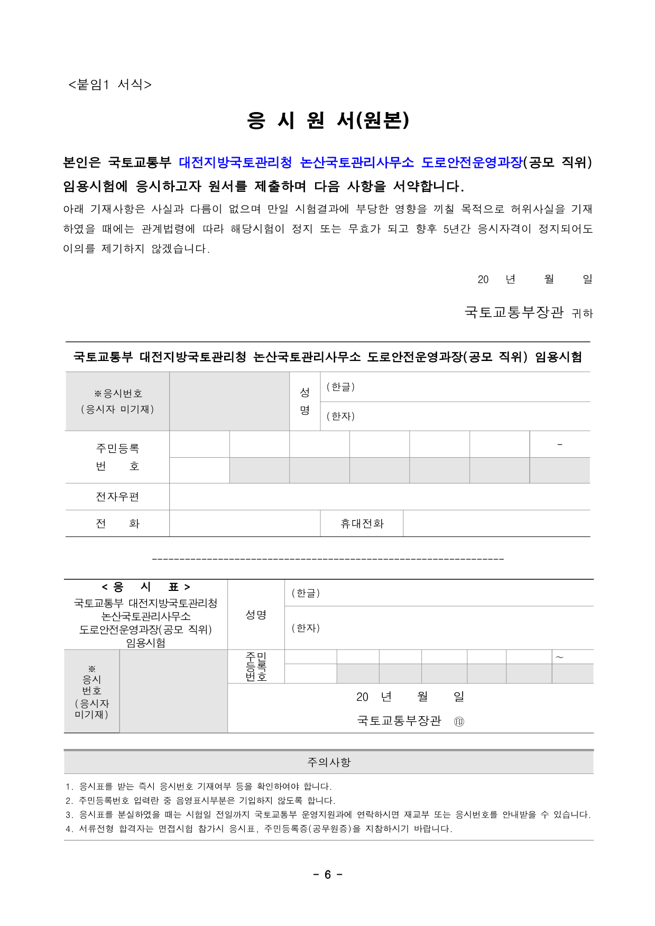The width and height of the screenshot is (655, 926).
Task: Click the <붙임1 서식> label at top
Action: point(110,85)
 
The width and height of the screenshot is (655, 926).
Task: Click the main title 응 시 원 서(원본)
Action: point(328,121)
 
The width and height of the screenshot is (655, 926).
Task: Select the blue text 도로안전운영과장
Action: point(472,162)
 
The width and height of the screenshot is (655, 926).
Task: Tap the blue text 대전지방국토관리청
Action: point(235,162)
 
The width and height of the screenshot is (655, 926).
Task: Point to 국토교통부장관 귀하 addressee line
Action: point(528,312)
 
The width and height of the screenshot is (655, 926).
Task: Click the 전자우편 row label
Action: point(117,496)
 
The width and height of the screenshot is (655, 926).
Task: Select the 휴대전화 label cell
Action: point(362,523)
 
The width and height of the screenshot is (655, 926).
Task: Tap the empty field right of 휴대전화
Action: point(496,523)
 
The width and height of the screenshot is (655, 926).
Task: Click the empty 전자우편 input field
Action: point(379,496)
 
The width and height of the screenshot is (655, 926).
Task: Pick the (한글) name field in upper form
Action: point(455,387)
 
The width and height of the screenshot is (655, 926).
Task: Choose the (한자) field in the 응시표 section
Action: point(439,628)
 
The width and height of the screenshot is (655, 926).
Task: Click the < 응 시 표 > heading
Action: point(146,587)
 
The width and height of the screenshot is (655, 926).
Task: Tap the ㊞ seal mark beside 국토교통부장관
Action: point(459,721)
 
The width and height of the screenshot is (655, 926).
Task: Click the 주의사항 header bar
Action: point(328,762)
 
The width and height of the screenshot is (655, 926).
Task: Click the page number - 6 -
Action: point(327,874)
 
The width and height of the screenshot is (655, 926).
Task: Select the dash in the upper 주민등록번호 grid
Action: point(559,445)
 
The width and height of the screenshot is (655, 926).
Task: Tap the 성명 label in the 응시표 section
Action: point(256,614)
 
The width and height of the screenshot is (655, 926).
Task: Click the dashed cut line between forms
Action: point(328,559)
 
